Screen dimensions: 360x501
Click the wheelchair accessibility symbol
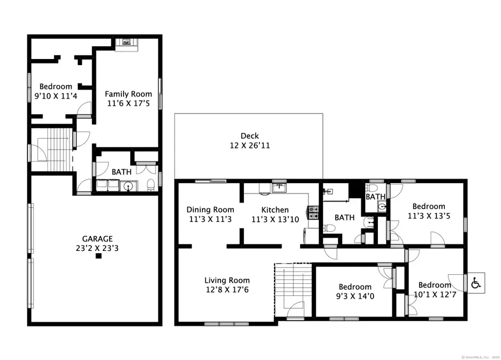pos(476,283)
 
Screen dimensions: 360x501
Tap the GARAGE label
pos(98,238)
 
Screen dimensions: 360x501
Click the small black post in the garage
pos(99,256)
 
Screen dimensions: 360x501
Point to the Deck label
pos(249,136)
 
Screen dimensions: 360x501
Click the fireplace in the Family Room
pos(126,42)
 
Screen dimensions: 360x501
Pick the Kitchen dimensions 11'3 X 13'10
pos(275,219)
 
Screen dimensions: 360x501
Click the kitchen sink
pos(278,188)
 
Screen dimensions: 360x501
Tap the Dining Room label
pos(210,210)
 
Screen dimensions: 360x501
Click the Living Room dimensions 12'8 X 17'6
pos(227,290)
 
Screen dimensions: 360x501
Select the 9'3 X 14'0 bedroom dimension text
pos(355,297)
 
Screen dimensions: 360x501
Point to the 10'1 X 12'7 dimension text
pos(435,295)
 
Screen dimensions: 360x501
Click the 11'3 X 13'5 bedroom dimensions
pos(429,216)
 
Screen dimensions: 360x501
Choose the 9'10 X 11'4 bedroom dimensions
pos(55,96)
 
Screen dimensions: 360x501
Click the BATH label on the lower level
pos(121,172)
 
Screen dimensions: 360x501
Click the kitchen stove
pos(313,214)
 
